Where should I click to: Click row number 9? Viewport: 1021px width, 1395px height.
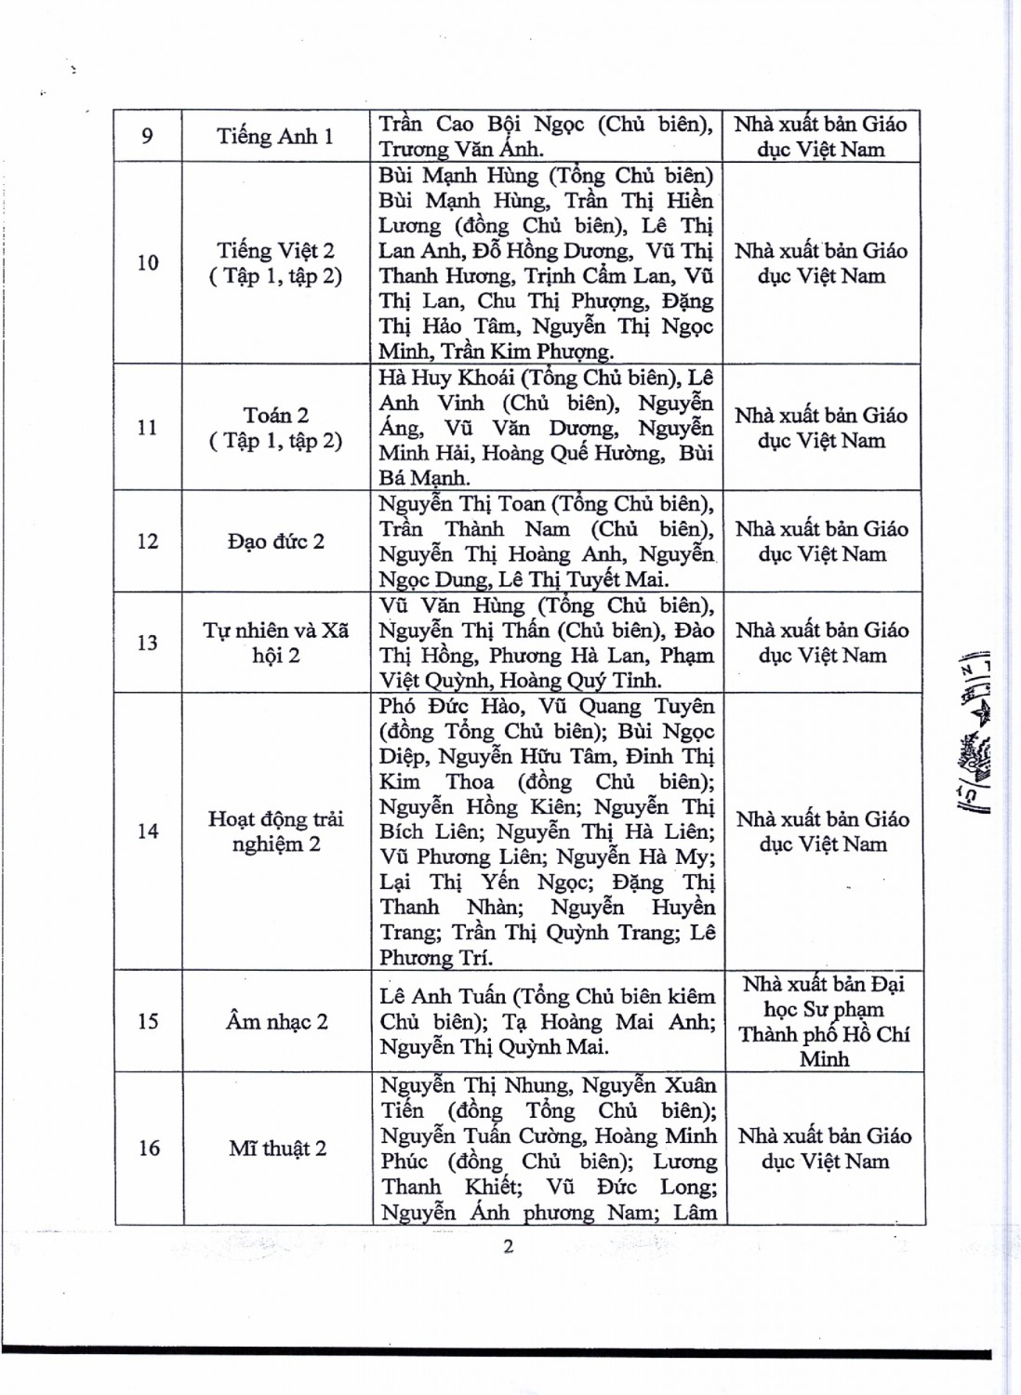coord(147,137)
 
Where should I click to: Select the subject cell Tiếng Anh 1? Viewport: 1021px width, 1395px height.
coord(275,137)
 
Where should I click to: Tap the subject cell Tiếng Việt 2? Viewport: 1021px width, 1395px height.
coord(275,263)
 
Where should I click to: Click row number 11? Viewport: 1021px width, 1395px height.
coord(147,428)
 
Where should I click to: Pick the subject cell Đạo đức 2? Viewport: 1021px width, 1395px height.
coord(276,541)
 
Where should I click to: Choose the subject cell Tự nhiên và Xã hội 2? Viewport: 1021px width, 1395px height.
coord(276,643)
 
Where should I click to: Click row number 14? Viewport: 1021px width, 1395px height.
coord(148,831)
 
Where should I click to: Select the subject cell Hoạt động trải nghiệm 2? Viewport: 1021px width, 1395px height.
coord(276,831)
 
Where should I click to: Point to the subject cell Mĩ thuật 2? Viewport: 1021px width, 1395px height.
coord(278,1149)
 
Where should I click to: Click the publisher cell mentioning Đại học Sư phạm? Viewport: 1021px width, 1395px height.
coord(824,1021)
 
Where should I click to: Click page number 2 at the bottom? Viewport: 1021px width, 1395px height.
coord(508,1246)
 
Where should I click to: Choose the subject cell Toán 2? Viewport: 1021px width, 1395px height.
coord(275,428)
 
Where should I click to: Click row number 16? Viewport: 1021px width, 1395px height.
coord(149,1149)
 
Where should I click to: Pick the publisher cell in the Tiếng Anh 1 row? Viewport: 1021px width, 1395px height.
coord(821,137)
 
